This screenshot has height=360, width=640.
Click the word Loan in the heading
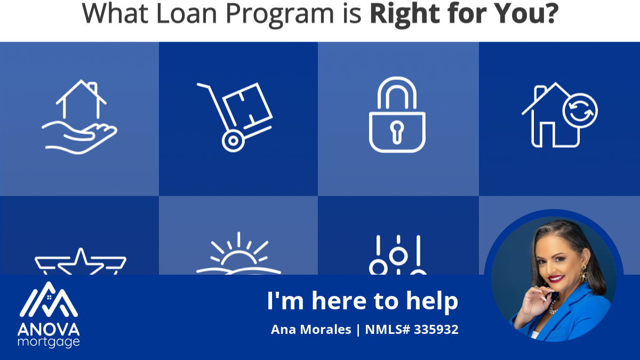click(x=187, y=13)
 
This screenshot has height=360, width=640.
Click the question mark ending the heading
click(x=551, y=13)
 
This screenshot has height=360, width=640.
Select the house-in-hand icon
click(x=79, y=117)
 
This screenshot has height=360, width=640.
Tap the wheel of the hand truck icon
click(x=233, y=141)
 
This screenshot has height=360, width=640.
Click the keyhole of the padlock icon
click(x=397, y=132)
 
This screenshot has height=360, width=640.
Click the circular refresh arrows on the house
click(x=580, y=110)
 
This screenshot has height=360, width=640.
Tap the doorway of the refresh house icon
click(x=547, y=135)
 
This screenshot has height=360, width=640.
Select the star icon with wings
click(x=81, y=261)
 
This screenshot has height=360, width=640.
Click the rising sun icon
click(x=238, y=254)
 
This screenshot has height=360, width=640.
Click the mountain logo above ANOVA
click(x=49, y=299)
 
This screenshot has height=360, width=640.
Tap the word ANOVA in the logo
click(x=49, y=330)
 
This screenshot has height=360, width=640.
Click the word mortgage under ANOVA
click(x=49, y=342)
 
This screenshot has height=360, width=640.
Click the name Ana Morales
click(x=311, y=330)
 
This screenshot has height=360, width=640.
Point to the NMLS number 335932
click(x=436, y=330)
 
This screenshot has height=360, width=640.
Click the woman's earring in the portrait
click(x=583, y=274)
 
